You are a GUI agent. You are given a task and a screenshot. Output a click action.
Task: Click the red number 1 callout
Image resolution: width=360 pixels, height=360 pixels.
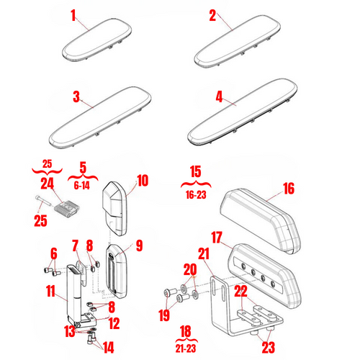click(73, 14)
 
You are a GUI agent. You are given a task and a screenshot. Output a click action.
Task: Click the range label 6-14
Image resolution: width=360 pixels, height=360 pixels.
click(82, 184)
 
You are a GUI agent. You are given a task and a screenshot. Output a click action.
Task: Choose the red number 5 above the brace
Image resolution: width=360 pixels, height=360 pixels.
click(82, 166)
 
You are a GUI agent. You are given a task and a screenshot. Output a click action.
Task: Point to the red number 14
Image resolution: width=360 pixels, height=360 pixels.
click(108, 347)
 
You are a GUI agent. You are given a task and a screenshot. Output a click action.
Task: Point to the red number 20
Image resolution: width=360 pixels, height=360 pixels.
click(190, 269)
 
